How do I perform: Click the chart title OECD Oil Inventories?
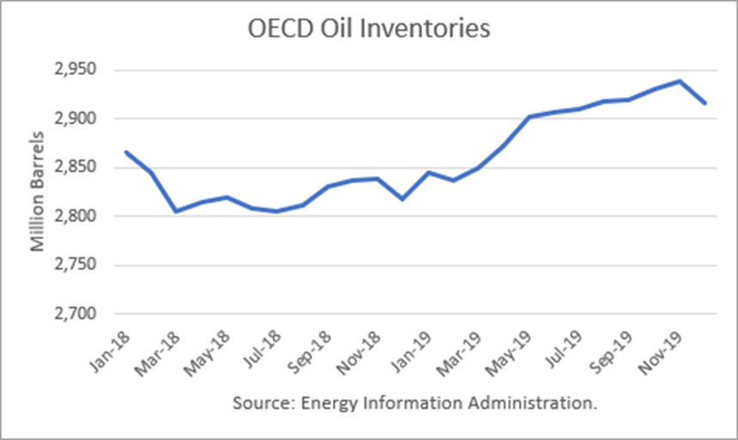pyautogui.click(x=368, y=28)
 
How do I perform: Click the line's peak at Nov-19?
pyautogui.click(x=680, y=81)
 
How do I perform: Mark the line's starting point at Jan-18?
pyautogui.click(x=126, y=152)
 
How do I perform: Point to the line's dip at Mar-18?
pyautogui.click(x=176, y=211)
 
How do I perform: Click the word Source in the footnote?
pyautogui.click(x=257, y=402)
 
